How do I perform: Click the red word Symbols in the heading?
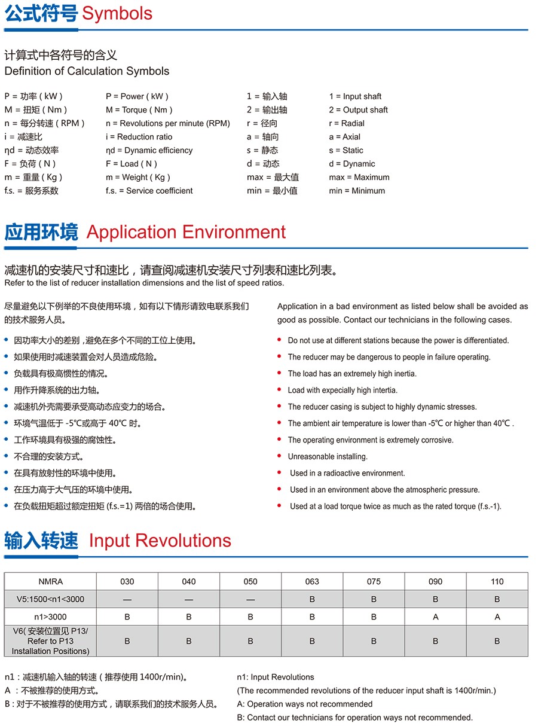click(117, 14)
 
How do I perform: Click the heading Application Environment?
click(186, 232)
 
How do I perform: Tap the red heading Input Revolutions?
click(160, 541)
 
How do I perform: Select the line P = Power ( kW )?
click(137, 96)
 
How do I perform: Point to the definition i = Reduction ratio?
click(139, 137)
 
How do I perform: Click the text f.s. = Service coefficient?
click(149, 191)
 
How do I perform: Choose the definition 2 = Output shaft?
click(358, 110)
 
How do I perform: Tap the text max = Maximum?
click(359, 178)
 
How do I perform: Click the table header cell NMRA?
click(50, 581)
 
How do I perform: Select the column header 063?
click(312, 581)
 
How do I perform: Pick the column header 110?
click(497, 581)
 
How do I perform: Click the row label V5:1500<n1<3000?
click(50, 599)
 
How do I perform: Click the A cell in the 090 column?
click(435, 617)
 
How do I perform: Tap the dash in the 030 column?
click(127, 599)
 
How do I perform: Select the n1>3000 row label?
click(50, 617)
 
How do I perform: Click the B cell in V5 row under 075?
click(374, 599)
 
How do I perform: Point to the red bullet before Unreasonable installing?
click(279, 457)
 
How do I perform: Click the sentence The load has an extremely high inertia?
click(352, 374)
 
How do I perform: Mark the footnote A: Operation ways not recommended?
click(304, 704)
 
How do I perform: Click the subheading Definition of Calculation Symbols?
click(87, 71)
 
